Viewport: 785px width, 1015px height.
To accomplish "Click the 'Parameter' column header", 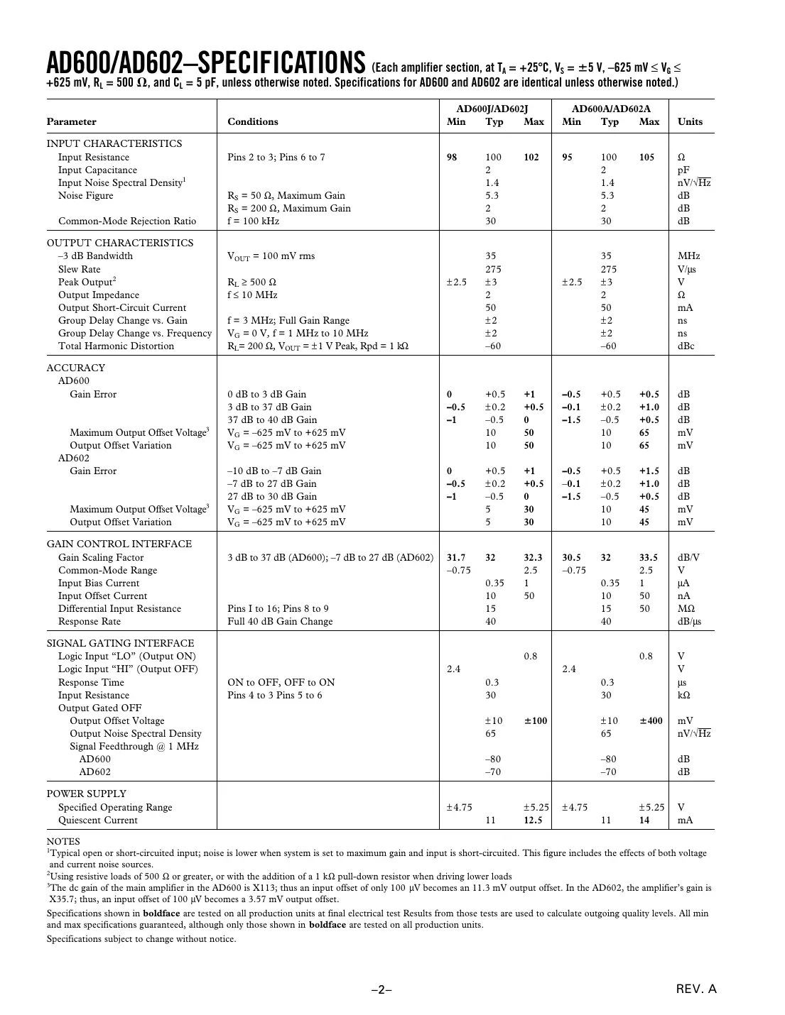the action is [71, 121].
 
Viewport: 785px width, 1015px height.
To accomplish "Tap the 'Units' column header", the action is [690, 121].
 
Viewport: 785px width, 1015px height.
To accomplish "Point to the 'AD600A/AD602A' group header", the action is [611, 109].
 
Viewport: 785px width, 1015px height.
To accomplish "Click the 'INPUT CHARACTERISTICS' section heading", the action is [114, 143].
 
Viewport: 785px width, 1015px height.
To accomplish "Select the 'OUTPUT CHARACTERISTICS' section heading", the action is [120, 243].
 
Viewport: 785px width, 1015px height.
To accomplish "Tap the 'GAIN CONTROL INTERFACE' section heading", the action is [119, 544].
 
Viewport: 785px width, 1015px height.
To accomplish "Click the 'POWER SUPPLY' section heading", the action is [87, 794].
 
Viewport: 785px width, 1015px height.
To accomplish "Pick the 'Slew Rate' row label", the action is [80, 269].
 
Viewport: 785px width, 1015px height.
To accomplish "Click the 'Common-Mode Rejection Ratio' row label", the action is [127, 221].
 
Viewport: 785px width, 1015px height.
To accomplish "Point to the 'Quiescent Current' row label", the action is [98, 820].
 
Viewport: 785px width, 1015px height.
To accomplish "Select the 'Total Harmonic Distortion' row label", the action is [116, 346].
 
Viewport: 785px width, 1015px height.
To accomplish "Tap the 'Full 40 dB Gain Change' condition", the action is [280, 621].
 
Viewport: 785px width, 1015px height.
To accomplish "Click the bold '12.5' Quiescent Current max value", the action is [533, 820].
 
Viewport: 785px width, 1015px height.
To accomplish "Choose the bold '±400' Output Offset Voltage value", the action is [651, 720].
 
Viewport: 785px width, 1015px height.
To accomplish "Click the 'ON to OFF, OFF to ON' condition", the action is [281, 682].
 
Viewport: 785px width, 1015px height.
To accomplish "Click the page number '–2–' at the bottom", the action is [382, 989].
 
